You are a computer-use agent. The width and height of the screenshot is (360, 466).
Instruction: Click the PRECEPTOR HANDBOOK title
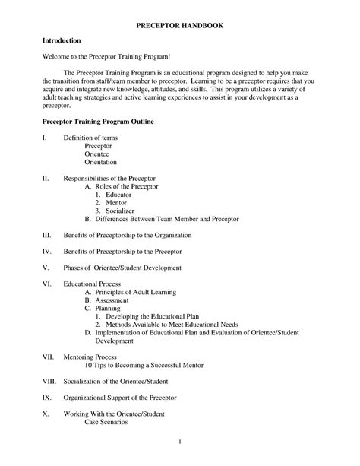pos(179,24)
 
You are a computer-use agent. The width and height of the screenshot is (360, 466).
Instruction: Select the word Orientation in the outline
pos(101,162)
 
